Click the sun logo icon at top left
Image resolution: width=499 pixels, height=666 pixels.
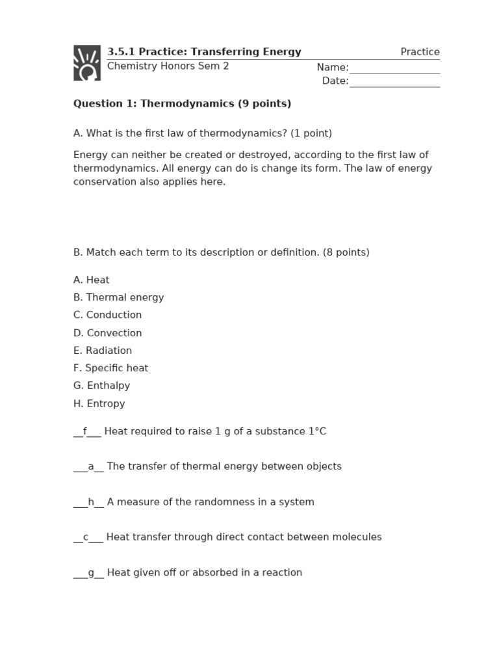coord(87,63)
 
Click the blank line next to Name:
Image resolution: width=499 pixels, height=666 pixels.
coord(394,69)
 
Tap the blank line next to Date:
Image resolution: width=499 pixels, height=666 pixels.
coord(394,82)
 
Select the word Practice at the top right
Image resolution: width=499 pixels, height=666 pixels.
coord(420,52)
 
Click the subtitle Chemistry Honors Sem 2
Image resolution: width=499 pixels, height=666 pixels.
coord(168,66)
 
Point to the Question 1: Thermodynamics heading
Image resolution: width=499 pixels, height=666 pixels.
coord(182,103)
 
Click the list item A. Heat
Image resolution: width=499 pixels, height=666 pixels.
coord(92,280)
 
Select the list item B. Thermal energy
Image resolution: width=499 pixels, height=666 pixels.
coord(118,297)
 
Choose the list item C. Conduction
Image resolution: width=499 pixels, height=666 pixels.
coord(107,315)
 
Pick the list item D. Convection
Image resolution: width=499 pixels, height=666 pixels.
coord(107,333)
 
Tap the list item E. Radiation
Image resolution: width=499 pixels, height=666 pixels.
coord(103,351)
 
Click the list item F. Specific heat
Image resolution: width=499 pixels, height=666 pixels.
coord(110,368)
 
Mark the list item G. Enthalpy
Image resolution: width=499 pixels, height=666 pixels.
coord(101,386)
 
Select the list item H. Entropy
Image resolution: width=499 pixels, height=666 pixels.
coord(99,404)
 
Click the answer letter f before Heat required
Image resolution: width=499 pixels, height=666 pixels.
coord(84,431)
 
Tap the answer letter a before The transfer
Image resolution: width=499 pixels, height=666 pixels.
coord(91,466)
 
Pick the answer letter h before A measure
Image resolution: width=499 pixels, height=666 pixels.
coord(91,502)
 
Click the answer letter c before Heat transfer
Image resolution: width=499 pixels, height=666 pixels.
coord(86,537)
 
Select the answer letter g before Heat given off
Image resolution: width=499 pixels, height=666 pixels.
coord(91,573)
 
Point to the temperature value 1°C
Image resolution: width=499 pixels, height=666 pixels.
coord(317,431)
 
